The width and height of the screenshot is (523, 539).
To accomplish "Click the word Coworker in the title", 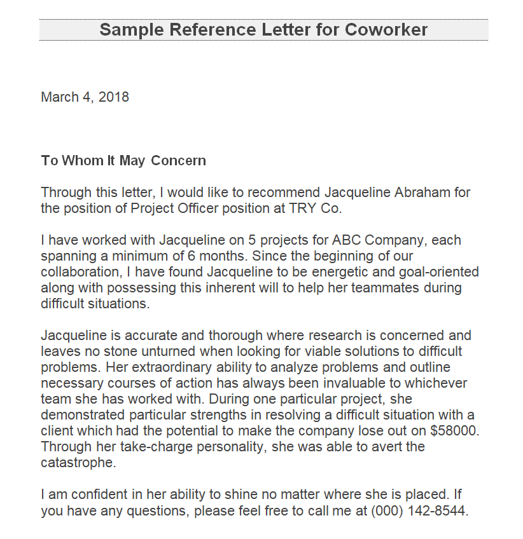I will [386, 30].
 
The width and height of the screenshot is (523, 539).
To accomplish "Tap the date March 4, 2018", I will [85, 97].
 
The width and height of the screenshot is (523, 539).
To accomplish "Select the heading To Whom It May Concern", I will [123, 161].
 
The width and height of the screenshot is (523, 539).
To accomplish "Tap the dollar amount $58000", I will [454, 431].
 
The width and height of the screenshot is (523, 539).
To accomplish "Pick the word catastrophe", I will [79, 463].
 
